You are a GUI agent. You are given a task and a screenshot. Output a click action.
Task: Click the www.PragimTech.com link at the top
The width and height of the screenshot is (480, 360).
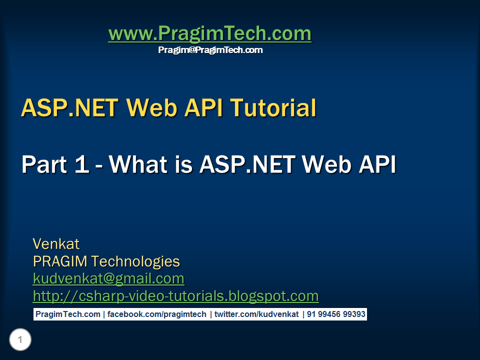(209, 33)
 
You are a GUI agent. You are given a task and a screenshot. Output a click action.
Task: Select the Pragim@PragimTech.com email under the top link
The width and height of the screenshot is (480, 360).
(210, 50)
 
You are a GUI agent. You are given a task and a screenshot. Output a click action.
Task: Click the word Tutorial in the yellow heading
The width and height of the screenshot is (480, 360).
(273, 108)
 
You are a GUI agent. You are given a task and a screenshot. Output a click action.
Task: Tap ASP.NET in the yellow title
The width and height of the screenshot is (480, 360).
(69, 108)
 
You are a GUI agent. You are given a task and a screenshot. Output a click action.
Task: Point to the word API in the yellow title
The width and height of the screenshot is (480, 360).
(203, 108)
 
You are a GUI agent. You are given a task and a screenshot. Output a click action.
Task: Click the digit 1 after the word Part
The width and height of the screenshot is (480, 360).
(81, 164)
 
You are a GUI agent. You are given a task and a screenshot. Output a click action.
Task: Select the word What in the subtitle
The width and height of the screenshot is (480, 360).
(138, 164)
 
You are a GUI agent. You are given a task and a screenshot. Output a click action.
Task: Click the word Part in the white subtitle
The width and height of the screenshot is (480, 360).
(44, 164)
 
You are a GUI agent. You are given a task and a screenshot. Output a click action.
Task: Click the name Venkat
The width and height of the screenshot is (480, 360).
(56, 244)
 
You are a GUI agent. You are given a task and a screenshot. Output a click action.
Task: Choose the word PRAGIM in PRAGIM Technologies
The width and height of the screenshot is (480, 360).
(60, 261)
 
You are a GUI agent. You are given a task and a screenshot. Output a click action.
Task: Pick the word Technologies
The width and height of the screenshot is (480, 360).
(135, 262)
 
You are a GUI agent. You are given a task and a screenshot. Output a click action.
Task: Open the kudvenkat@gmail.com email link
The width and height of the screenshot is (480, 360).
(108, 279)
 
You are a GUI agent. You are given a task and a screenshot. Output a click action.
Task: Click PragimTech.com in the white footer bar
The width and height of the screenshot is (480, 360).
(67, 314)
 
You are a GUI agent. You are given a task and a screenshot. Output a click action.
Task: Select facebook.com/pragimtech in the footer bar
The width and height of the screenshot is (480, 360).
(156, 314)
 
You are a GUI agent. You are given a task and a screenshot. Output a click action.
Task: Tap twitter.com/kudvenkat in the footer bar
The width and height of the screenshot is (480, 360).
(256, 314)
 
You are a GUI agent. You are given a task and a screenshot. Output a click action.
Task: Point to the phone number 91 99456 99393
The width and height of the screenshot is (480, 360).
(336, 314)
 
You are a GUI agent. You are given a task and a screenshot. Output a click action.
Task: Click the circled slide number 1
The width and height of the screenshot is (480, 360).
(20, 339)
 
